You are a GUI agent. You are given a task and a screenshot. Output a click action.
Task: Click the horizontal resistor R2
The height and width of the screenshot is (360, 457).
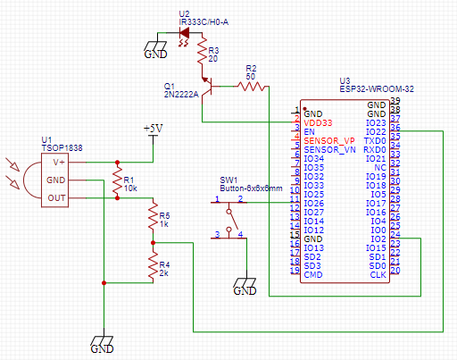[250, 86]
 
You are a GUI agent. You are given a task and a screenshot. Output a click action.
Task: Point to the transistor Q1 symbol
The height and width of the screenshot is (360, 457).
[207, 87]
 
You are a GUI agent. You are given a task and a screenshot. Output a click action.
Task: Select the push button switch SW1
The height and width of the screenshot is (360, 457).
[230, 219]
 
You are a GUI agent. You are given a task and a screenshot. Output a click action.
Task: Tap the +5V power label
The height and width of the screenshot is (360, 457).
[153, 129]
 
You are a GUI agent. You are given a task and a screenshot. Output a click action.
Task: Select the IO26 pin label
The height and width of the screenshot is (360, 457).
[313, 203]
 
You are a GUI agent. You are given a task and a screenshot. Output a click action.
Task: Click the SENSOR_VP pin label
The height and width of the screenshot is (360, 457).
[328, 140]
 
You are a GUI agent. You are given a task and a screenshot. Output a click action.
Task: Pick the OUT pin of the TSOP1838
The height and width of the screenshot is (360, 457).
[56, 197]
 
